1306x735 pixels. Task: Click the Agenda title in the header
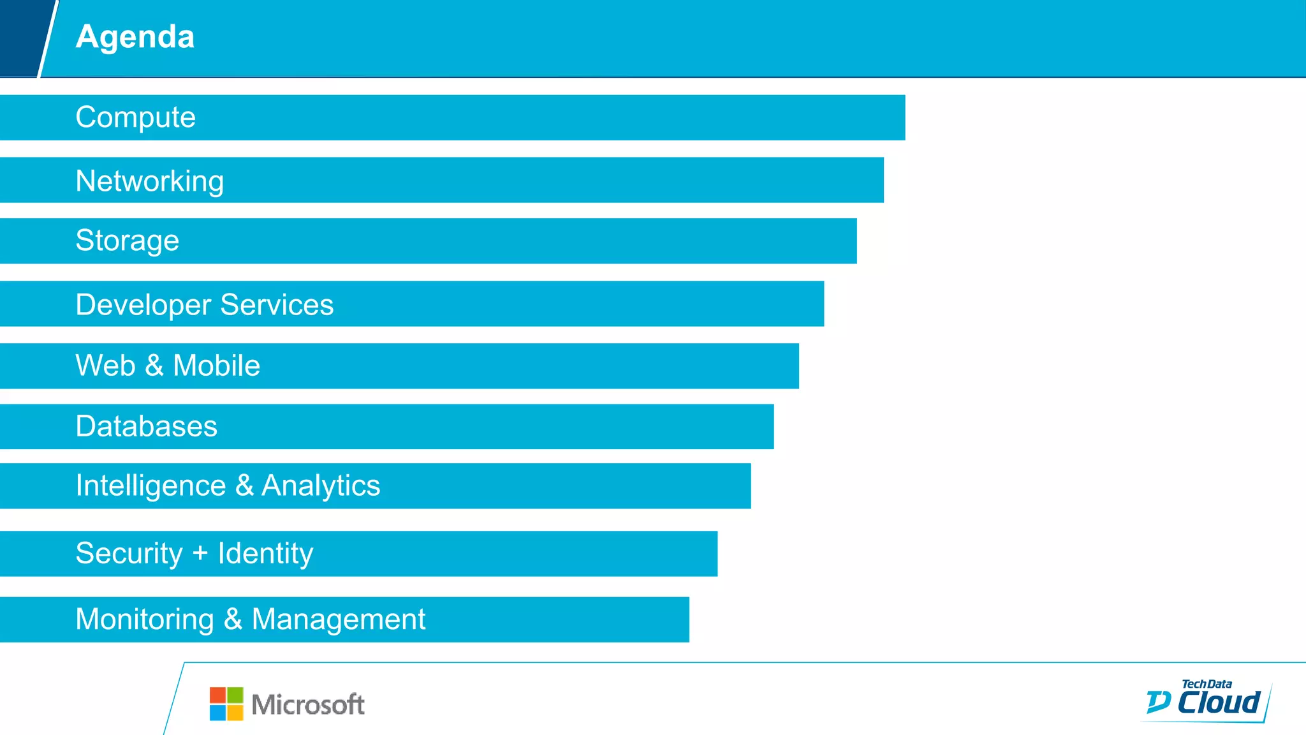point(135,37)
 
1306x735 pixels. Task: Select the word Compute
point(135,117)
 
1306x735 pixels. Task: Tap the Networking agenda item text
point(149,181)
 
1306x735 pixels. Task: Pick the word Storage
point(127,241)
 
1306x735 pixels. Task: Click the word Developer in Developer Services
point(143,305)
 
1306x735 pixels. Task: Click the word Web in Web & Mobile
point(105,366)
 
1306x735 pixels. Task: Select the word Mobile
point(217,366)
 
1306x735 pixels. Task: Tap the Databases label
point(146,426)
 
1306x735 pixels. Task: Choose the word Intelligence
point(150,486)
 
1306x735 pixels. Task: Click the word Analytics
point(321,486)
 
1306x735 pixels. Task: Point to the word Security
point(129,553)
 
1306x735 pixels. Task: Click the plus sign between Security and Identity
point(200,553)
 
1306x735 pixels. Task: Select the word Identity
point(265,553)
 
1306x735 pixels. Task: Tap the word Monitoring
point(144,620)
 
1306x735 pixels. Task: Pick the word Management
point(339,620)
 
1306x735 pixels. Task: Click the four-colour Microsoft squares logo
point(226,704)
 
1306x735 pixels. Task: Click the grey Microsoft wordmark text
point(308,705)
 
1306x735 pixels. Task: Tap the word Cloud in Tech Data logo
point(1218,702)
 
